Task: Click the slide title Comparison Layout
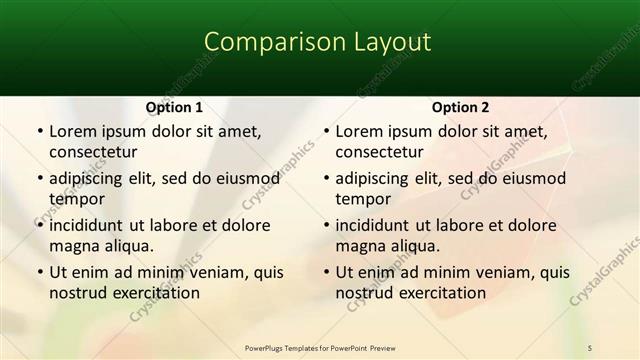coord(318,42)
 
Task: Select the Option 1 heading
coord(174,107)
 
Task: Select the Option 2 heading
coord(460,107)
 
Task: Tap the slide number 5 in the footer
coord(591,347)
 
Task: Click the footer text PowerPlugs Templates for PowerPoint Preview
coord(319,347)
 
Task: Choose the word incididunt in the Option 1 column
coord(92,225)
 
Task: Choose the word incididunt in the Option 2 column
coord(378,225)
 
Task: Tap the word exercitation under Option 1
coord(156,293)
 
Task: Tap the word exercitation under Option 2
coord(442,293)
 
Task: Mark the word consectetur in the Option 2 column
coord(379,152)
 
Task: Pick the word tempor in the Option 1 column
coord(75,199)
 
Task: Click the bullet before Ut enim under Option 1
coord(39,272)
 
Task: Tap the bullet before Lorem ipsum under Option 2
coord(325,131)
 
